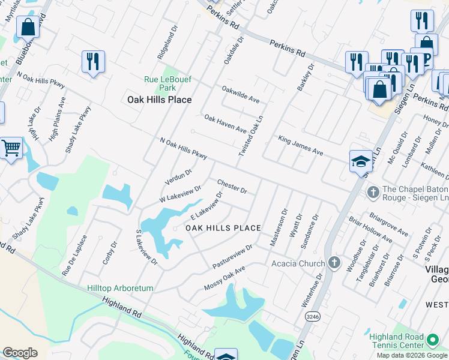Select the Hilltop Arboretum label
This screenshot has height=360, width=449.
(119, 288)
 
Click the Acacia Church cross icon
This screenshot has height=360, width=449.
(335, 263)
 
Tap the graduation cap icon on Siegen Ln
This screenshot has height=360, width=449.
(361, 161)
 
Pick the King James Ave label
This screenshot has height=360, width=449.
(301, 146)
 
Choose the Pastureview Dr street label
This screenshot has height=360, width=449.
(233, 256)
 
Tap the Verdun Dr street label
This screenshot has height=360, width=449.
(178, 176)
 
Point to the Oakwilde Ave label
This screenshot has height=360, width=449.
(240, 94)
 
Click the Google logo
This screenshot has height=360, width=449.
(20, 353)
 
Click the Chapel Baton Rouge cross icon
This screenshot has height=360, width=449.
(372, 192)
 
